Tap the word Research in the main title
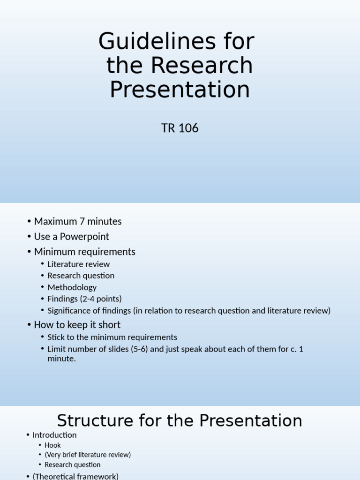[x=202, y=66]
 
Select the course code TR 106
[x=180, y=128]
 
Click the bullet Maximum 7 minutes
[x=78, y=221]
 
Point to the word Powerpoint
[x=86, y=236]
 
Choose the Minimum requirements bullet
[x=84, y=252]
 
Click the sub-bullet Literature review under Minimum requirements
[x=78, y=264]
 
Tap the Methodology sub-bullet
[x=72, y=287]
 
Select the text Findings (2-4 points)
[x=84, y=299]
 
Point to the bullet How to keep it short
[x=77, y=324]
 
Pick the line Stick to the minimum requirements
[x=112, y=337]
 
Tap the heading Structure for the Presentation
[x=180, y=420]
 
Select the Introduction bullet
[x=54, y=435]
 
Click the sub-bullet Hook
[x=52, y=445]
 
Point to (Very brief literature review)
[x=88, y=455]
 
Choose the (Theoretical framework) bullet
[x=75, y=476]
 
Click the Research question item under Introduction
[x=73, y=465]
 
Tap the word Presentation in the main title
[x=180, y=90]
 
